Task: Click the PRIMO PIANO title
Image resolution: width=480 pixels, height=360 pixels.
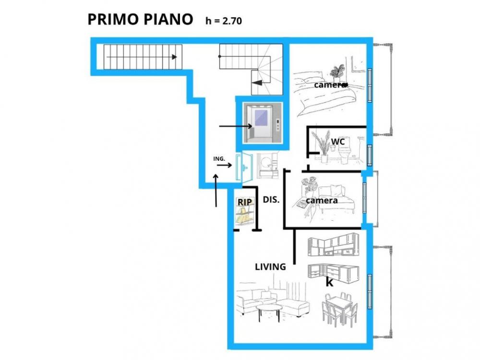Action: (140, 19)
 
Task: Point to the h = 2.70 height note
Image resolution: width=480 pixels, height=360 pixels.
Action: (224, 21)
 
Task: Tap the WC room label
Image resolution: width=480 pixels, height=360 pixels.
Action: (338, 142)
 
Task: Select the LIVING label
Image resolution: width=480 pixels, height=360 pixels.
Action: (270, 267)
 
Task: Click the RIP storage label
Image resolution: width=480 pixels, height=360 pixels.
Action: (245, 202)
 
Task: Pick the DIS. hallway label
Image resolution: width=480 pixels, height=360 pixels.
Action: (271, 200)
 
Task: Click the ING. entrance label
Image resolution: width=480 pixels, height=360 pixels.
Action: (219, 159)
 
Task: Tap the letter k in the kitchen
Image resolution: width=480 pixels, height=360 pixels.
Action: (329, 282)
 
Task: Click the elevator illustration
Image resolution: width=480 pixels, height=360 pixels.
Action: (262, 123)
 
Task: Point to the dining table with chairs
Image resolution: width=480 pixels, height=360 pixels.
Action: (340, 309)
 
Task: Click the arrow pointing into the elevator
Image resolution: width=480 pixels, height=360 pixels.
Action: (236, 126)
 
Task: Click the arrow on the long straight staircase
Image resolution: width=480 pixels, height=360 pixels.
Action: (142, 57)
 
